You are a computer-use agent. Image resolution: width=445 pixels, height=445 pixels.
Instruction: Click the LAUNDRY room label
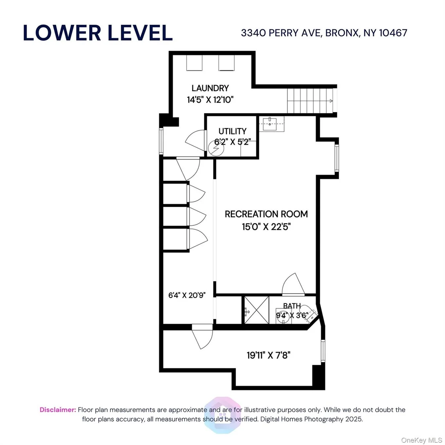click(210, 88)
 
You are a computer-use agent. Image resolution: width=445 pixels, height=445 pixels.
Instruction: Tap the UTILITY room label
click(233, 131)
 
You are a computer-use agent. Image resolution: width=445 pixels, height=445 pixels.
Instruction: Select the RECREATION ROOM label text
click(266, 214)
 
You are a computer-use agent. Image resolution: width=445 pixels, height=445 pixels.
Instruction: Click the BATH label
click(292, 306)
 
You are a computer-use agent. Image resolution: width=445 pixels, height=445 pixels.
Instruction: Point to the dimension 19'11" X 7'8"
click(268, 355)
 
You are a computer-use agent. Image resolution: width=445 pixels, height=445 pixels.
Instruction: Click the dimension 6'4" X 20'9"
click(187, 295)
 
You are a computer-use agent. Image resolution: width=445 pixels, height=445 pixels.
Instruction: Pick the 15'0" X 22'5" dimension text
click(266, 227)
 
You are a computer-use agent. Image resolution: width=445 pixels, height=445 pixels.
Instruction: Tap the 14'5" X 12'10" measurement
click(210, 100)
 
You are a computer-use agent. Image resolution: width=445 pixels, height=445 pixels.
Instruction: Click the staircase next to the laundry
click(310, 101)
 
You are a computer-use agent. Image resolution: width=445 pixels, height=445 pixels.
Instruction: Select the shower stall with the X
click(257, 310)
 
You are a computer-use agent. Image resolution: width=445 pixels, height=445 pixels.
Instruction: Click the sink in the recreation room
click(269, 124)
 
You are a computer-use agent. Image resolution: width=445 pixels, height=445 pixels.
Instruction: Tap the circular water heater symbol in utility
click(216, 148)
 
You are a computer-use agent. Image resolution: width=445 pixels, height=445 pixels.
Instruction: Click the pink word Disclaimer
click(58, 410)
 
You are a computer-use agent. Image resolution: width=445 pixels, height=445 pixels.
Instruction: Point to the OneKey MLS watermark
click(421, 440)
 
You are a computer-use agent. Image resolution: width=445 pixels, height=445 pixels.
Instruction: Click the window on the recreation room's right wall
click(337, 158)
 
